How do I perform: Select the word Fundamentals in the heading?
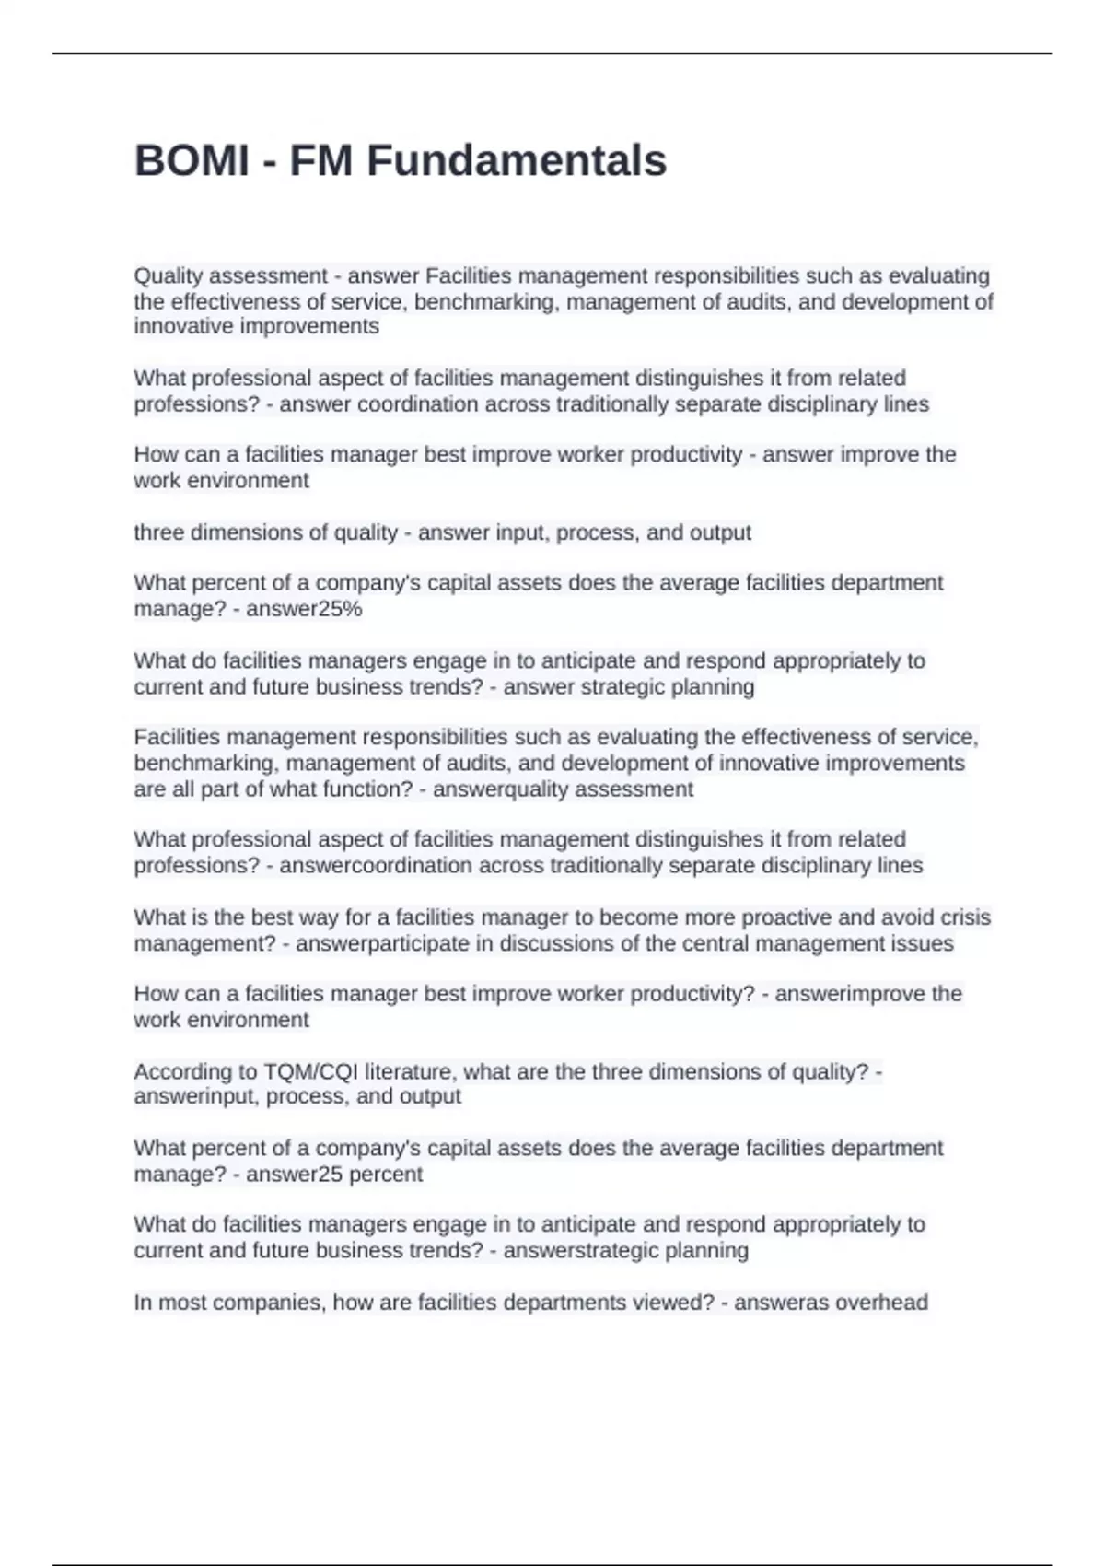(517, 160)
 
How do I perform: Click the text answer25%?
(304, 609)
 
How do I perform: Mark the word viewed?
(677, 1303)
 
